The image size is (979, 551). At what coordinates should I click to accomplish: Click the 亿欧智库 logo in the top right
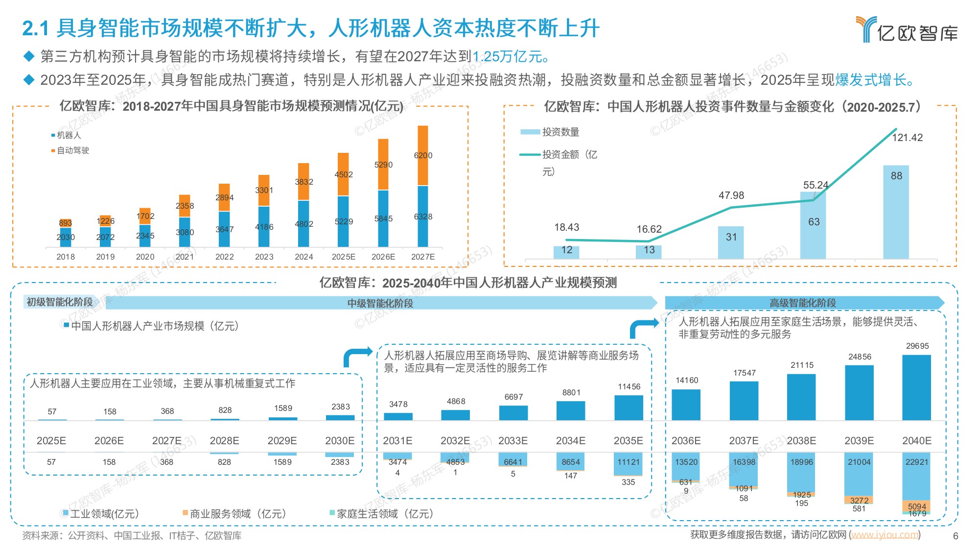pos(907,29)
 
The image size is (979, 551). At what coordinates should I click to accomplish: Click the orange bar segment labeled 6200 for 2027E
pos(423,156)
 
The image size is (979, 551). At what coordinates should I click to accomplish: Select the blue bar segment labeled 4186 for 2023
pos(264,227)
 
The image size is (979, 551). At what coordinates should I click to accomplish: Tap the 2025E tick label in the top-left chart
pos(343,257)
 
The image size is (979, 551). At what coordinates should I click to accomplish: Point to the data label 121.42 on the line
pos(907,138)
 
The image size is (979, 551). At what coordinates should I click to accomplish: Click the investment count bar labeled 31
pos(731,242)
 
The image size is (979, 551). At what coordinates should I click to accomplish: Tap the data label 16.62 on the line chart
pos(649,229)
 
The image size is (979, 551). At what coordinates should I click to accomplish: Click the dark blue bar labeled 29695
pos(916,387)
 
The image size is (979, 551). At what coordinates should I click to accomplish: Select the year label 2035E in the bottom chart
pos(628,441)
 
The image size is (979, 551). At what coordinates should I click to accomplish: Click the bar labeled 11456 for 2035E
pos(629,407)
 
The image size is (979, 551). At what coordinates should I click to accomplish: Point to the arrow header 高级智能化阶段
pos(803,303)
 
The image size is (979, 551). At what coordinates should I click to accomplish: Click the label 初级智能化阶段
pos(60,302)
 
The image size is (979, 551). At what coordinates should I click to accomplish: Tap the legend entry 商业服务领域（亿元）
pos(237,514)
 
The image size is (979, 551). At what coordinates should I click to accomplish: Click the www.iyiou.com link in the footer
pos(885,535)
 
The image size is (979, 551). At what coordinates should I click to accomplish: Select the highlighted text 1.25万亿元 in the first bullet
pos(510,57)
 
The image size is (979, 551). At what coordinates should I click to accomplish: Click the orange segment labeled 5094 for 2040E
pos(916,505)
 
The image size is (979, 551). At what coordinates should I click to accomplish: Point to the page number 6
pos(955,536)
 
